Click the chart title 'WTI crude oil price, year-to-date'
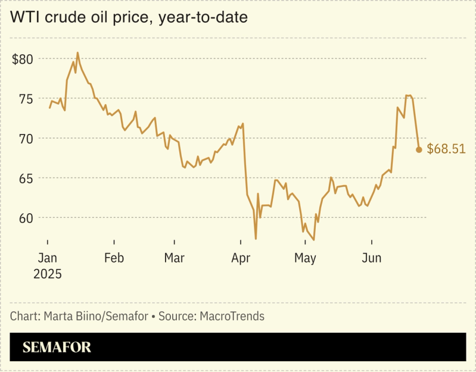point(129,18)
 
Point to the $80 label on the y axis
point(23,59)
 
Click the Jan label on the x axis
point(47,258)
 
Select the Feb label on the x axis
point(114,258)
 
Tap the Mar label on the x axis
point(174,258)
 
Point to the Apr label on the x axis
point(240,258)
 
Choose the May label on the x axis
point(305,258)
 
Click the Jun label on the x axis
point(372,258)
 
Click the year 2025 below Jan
point(48,274)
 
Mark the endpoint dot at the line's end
point(419,150)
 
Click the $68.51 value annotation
point(446,149)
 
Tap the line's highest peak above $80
point(77,53)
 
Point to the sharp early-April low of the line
point(256,239)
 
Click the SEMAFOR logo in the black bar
point(57,348)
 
